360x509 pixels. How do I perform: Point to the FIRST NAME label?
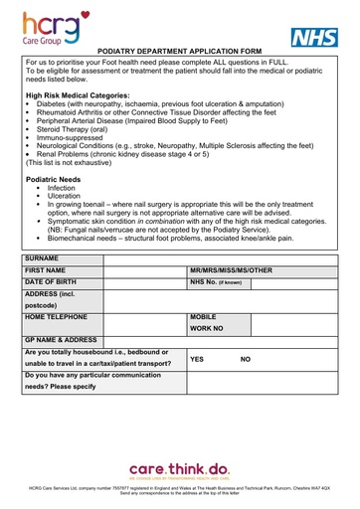pyautogui.click(x=46, y=270)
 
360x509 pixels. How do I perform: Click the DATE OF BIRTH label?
pyautogui.click(x=52, y=283)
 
